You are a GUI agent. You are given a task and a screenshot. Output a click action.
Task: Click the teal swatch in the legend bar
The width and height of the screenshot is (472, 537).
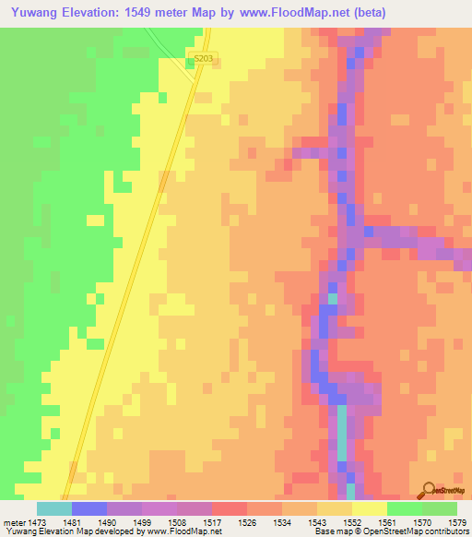[53, 508]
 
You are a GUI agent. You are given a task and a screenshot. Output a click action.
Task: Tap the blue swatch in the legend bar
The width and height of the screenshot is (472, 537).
[88, 508]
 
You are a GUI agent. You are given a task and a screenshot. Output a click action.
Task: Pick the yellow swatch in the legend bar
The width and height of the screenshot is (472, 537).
[369, 508]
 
